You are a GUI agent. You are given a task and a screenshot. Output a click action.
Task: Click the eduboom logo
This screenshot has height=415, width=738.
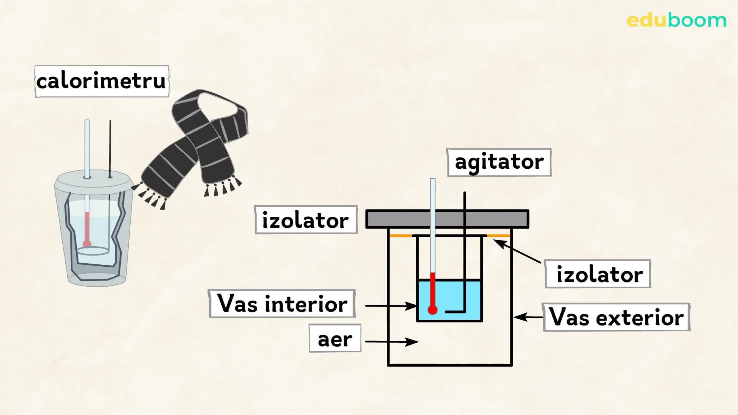(676, 20)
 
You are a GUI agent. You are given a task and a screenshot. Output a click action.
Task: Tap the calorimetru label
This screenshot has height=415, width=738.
(101, 81)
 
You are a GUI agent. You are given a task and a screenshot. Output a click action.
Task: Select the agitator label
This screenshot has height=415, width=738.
(499, 162)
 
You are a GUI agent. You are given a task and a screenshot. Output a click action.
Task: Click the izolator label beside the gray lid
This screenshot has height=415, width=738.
(306, 221)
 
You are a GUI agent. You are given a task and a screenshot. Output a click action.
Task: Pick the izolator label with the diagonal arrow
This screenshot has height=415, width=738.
(598, 274)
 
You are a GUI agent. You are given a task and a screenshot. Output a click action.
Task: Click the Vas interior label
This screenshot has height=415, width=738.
(282, 304)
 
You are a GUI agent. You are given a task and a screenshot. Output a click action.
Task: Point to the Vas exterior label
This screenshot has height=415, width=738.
(616, 317)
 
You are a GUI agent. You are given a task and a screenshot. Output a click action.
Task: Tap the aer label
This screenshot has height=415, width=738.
(335, 339)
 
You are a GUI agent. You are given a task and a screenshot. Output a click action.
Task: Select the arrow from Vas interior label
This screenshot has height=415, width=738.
(391, 306)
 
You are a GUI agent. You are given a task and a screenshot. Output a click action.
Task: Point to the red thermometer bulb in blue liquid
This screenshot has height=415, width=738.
(432, 310)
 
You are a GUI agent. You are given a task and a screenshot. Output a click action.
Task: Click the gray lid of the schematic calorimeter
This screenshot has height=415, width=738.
(447, 219)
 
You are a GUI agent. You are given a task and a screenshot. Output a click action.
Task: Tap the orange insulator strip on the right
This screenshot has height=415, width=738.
(499, 236)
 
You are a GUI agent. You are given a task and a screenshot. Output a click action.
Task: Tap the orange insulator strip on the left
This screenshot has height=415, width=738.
(401, 236)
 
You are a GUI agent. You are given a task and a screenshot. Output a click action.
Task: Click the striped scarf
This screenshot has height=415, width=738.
(192, 146)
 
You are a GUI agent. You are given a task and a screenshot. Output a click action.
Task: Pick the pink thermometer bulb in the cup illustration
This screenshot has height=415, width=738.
(87, 244)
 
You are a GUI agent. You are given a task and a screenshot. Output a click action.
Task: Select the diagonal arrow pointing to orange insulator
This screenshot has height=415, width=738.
(517, 251)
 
